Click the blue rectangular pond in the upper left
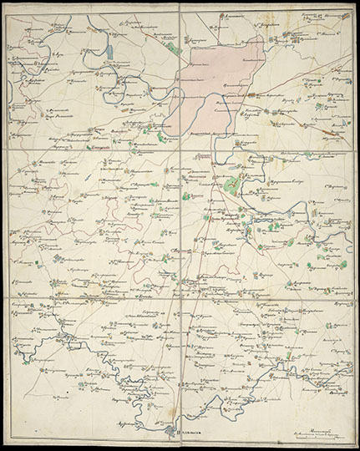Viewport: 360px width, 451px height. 109,51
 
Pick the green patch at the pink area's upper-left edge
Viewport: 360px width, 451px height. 173,48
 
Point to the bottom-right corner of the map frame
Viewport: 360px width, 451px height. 352,440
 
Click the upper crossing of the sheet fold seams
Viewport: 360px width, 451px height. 180,151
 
